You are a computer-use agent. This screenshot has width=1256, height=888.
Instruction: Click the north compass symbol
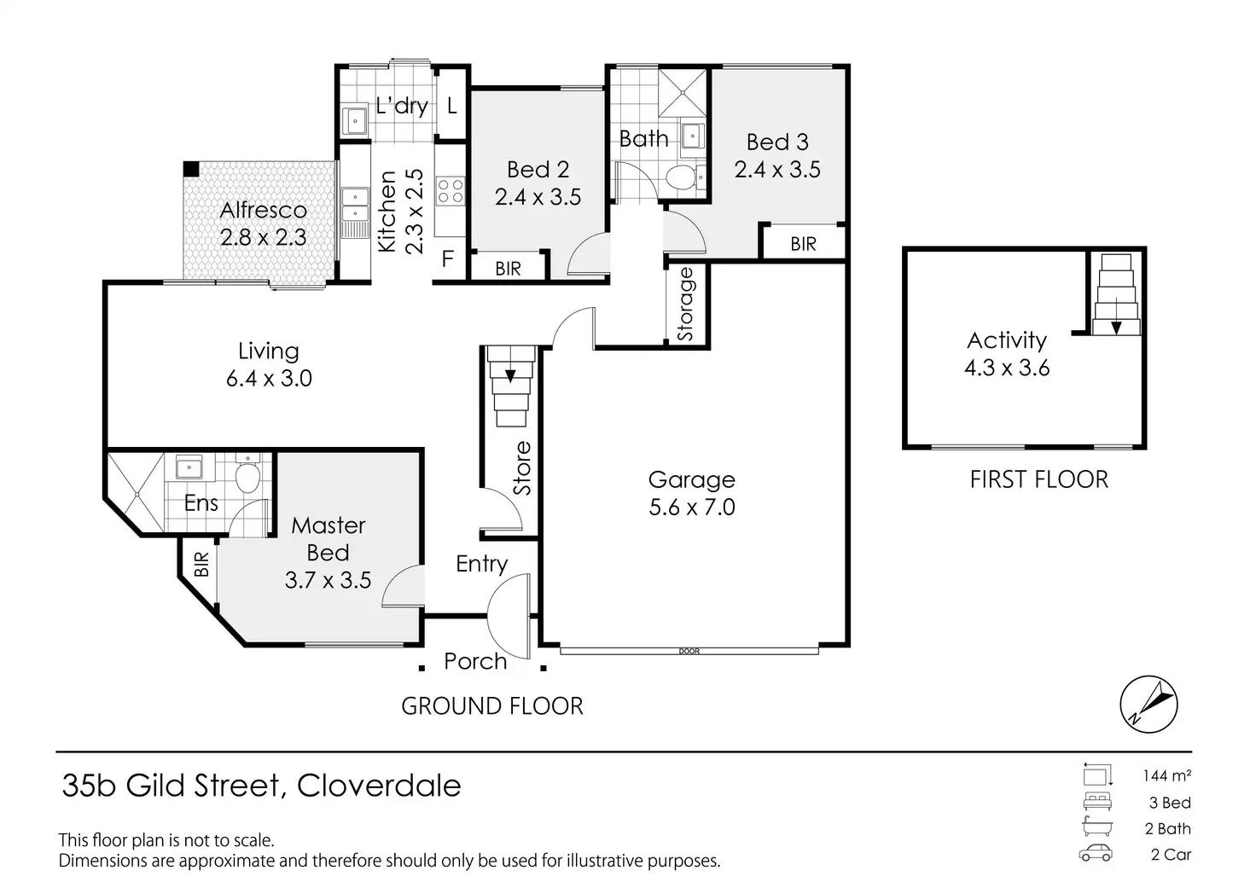1148,704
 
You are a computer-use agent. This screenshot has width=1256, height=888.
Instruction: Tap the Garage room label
691,480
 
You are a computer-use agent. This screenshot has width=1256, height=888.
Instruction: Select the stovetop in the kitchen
451,190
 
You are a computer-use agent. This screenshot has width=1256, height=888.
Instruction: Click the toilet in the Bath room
681,177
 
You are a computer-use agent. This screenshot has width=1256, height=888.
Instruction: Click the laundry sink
354,120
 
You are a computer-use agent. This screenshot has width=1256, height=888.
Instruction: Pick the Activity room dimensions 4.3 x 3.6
1007,368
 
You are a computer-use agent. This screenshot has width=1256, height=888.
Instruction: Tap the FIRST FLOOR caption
1039,480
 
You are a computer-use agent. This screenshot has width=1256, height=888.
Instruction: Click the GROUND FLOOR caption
492,705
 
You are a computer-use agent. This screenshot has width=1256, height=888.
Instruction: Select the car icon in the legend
1096,854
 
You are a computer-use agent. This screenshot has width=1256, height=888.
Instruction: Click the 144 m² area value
1167,775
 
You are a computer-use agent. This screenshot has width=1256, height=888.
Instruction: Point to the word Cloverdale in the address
379,786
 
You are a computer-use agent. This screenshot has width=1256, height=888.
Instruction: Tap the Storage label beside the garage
685,305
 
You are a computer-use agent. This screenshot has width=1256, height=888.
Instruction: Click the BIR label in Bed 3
804,244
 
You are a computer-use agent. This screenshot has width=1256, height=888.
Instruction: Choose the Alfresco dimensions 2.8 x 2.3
263,238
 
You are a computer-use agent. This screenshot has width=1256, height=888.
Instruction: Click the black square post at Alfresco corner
191,169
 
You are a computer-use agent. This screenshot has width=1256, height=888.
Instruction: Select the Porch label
475,661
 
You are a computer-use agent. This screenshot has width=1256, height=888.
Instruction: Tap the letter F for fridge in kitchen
447,259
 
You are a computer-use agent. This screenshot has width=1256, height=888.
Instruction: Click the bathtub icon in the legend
1097,827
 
